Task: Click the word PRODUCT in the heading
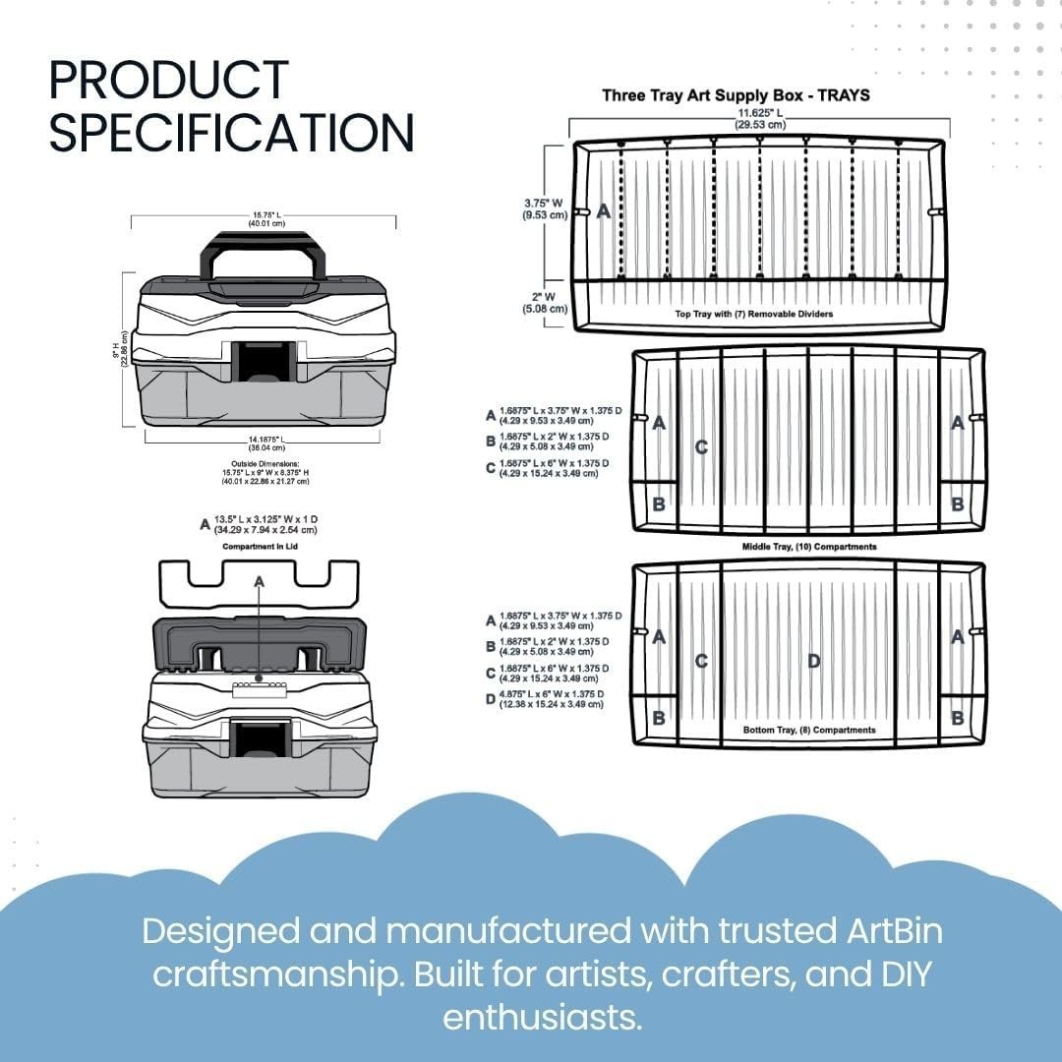coord(168,80)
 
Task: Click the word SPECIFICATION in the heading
coord(232,132)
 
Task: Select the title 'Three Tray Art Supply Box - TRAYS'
coord(736,95)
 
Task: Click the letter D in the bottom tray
coord(813,661)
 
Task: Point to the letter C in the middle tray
coord(701,447)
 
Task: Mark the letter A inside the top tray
coord(604,210)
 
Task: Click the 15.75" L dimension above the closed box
coord(264,219)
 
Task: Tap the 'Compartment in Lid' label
coord(260,546)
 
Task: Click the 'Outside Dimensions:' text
coord(260,463)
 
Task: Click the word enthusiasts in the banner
coord(542,1017)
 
